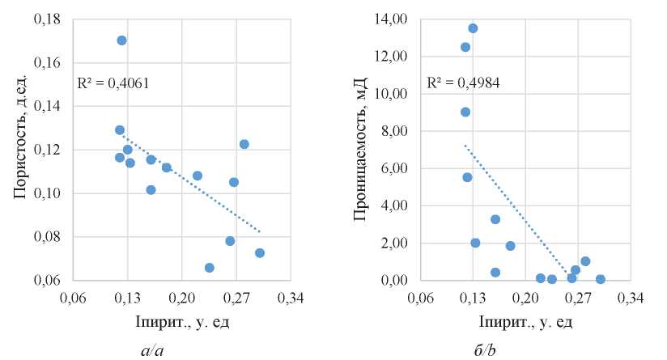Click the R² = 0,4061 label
113,83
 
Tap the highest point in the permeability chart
473,28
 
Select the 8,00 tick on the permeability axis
395,131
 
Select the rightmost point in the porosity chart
260,253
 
